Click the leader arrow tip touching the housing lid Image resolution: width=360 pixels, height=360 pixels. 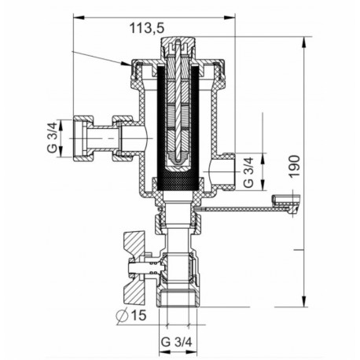(x=125, y=65)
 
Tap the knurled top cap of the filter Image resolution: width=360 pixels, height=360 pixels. (x=178, y=47)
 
